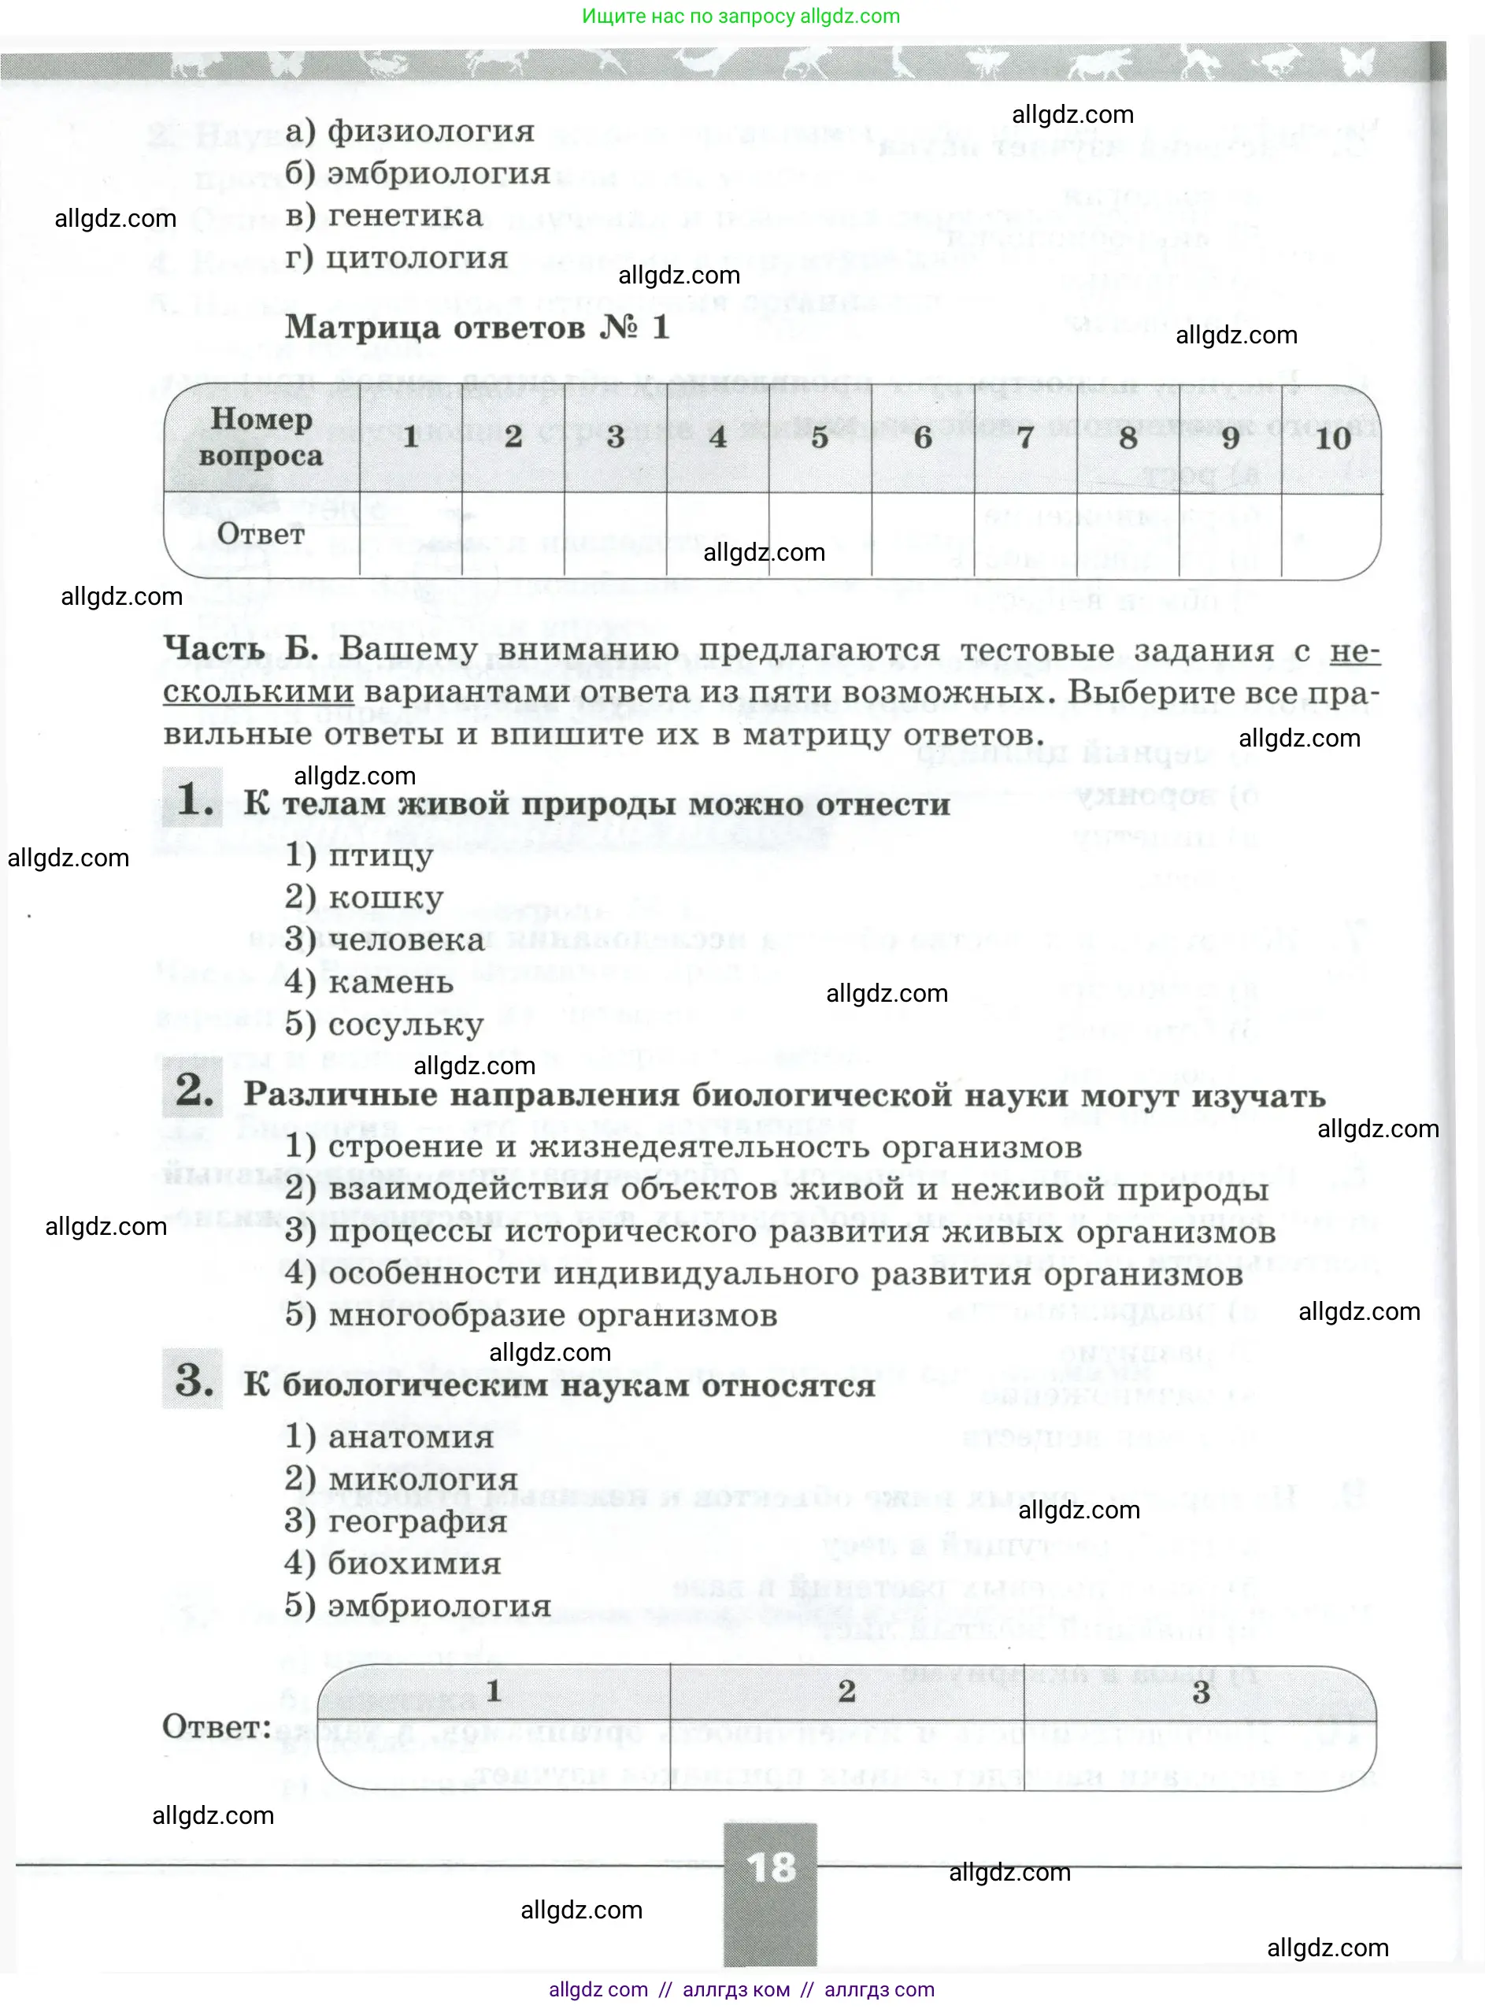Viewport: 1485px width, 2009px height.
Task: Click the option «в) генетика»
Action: [x=383, y=216]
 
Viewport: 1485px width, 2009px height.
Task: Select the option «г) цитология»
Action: [x=396, y=258]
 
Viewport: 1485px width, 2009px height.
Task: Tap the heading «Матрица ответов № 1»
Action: [x=477, y=327]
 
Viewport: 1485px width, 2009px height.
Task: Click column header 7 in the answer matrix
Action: [x=1024, y=438]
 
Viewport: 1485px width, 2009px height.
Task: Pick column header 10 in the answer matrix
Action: [x=1332, y=438]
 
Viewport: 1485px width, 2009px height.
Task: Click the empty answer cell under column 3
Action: [x=615, y=534]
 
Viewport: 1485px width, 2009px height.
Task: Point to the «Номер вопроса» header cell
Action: [x=261, y=438]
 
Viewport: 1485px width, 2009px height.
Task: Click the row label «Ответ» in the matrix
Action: [x=261, y=534]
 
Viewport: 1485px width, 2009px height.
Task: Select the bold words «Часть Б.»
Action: [x=241, y=648]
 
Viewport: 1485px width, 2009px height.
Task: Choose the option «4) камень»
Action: [x=369, y=981]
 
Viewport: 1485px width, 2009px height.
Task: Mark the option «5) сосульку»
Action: [x=385, y=1024]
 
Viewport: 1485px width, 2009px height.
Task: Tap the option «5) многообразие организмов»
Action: [x=531, y=1315]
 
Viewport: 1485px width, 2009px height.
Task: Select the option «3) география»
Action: [x=396, y=1522]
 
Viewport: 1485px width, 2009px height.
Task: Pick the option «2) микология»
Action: [x=401, y=1480]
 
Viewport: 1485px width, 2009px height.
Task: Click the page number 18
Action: [x=770, y=1868]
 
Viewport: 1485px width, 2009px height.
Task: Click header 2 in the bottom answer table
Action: [x=846, y=1692]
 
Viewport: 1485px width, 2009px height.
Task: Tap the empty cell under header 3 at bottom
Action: [x=1200, y=1755]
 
